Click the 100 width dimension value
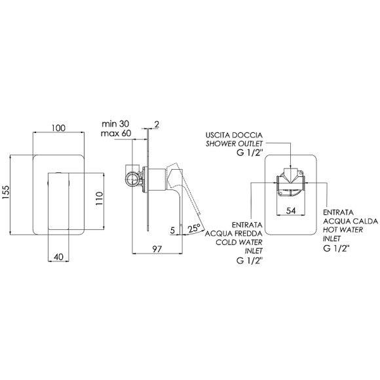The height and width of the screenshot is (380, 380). pyautogui.click(x=59, y=128)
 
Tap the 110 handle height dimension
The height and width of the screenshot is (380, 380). pyautogui.click(x=99, y=199)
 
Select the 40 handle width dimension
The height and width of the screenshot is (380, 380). pyautogui.click(x=58, y=257)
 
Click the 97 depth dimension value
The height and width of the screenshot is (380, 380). pyautogui.click(x=157, y=249)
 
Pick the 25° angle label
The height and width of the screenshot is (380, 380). pyautogui.click(x=194, y=228)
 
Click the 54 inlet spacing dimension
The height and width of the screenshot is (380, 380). pyautogui.click(x=291, y=211)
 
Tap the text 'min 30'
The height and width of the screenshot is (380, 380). pyautogui.click(x=115, y=124)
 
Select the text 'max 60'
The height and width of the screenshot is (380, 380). pyautogui.click(x=116, y=133)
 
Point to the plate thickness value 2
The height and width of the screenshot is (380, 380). pyautogui.click(x=157, y=124)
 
